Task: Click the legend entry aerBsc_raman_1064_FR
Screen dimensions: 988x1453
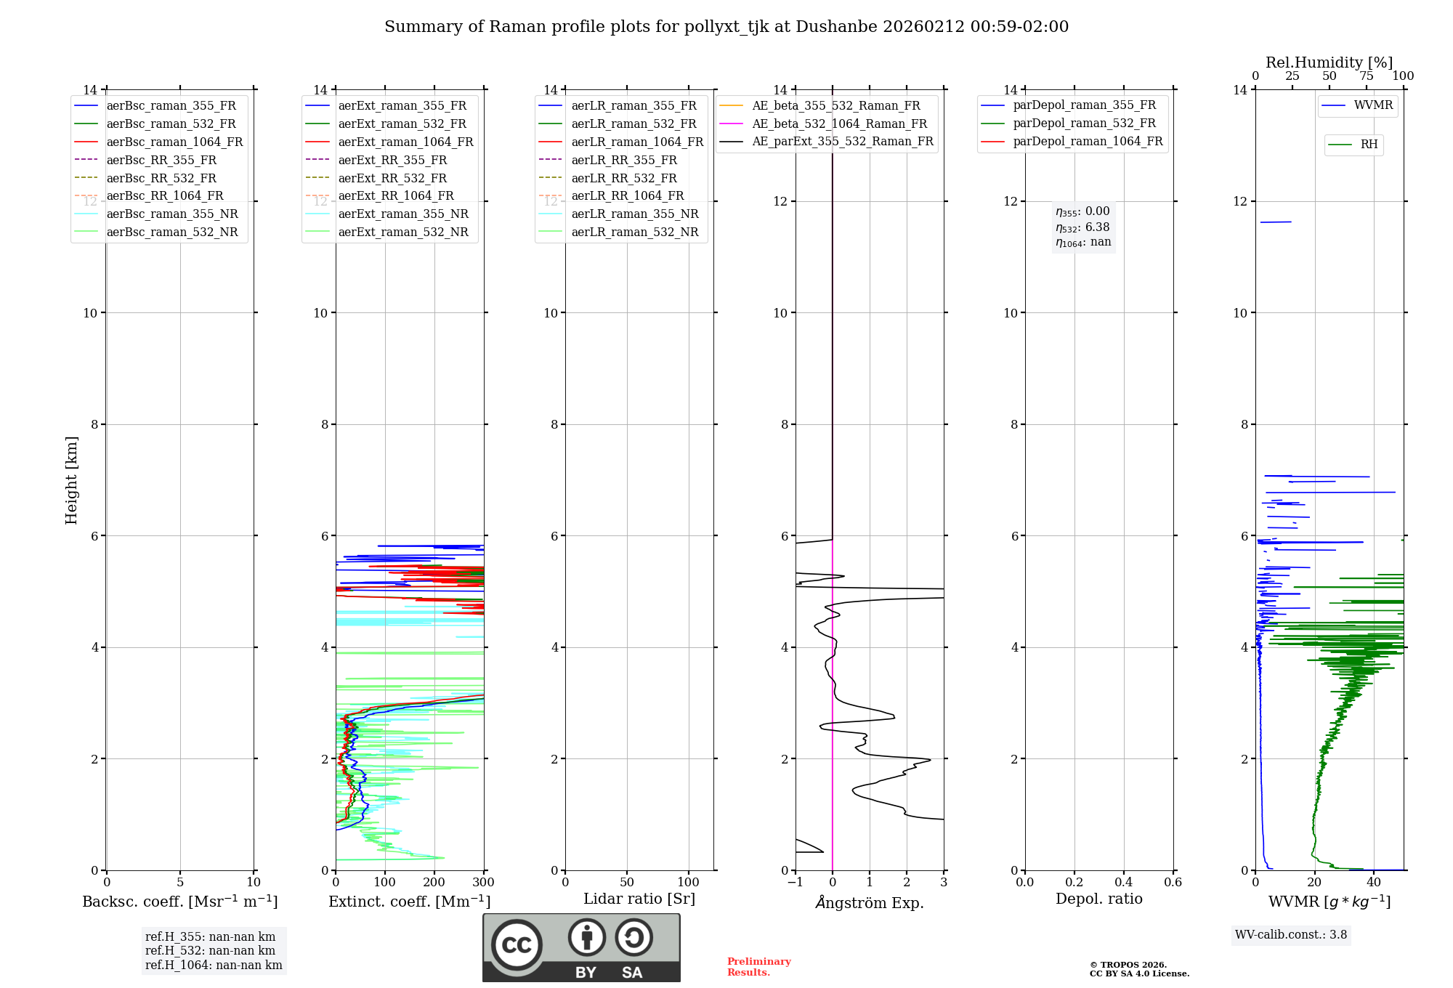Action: (174, 142)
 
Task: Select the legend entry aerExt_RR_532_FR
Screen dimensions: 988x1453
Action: (392, 178)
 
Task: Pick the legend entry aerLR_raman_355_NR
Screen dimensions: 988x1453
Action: (634, 214)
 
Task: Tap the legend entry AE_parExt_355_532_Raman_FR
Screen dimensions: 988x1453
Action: (842, 141)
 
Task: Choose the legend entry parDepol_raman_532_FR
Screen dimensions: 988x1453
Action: (1084, 123)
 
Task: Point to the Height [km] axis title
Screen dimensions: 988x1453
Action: (71, 480)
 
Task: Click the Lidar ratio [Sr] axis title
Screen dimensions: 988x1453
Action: (639, 899)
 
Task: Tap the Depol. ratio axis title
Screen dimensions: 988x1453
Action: (1098, 899)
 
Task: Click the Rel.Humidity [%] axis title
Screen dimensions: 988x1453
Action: (1329, 62)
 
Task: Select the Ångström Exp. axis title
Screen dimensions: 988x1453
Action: (870, 903)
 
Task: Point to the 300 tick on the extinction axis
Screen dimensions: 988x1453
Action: (483, 883)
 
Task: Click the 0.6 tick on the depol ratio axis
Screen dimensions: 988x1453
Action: (1173, 883)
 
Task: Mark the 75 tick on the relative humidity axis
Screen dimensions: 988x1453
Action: (1366, 76)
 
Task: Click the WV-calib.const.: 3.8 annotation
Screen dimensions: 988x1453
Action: (1291, 935)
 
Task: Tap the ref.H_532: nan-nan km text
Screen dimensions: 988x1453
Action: (210, 951)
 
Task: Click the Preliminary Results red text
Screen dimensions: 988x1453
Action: (758, 967)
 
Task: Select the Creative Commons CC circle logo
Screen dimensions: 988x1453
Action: (517, 945)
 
